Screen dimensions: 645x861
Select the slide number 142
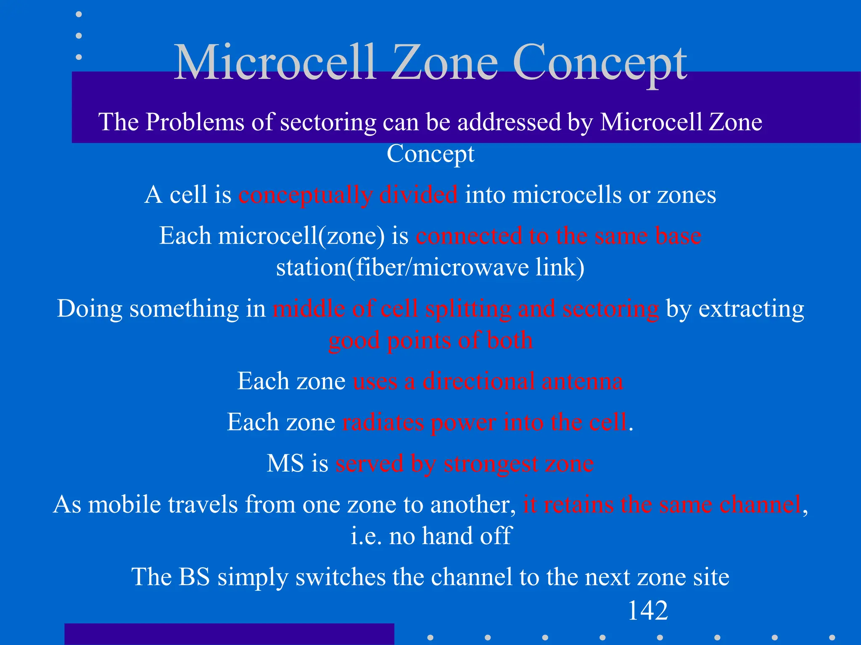647,611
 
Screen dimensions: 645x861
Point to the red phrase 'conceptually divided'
348,195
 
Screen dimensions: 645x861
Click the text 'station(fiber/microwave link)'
430,267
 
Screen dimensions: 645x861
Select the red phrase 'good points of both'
430,340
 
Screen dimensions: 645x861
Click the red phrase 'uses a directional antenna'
488,381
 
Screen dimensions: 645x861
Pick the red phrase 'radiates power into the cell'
484,422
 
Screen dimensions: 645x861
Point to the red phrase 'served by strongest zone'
465,463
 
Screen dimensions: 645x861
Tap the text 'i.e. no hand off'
430,536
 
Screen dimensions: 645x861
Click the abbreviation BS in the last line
194,577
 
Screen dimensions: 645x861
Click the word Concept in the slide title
600,63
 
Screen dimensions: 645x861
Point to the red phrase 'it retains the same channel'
662,504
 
